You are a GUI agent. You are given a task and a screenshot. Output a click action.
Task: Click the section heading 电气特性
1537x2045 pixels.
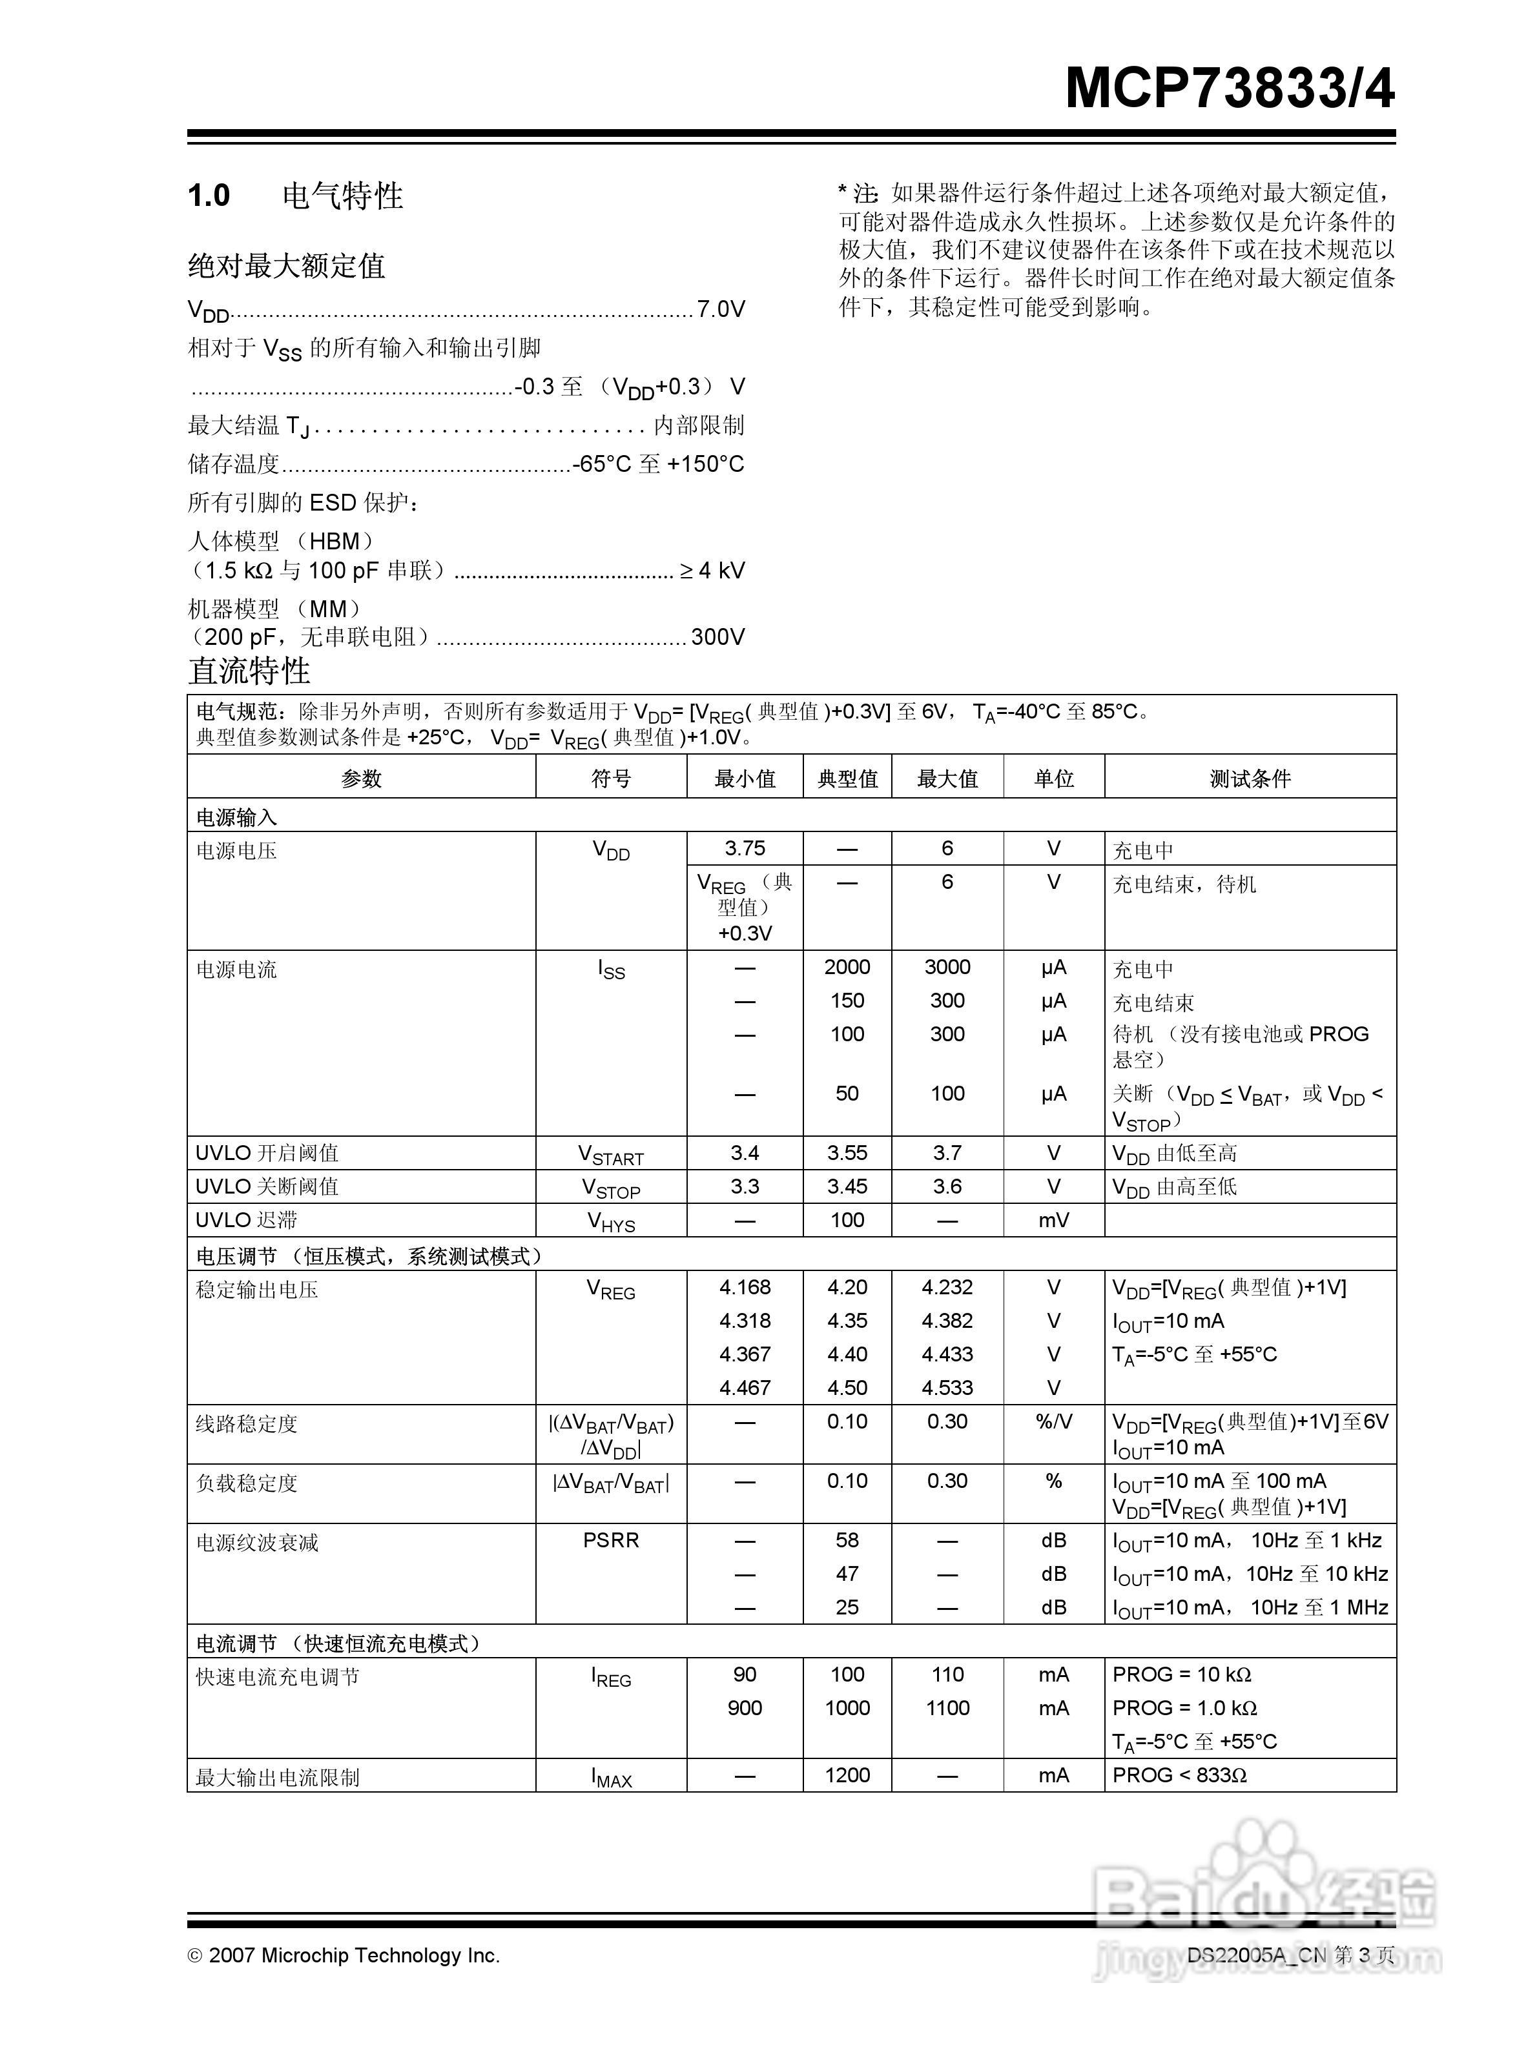[342, 196]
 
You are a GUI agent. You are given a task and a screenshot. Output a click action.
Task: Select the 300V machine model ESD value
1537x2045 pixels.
[717, 637]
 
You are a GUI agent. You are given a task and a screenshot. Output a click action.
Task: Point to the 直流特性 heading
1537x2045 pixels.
[250, 671]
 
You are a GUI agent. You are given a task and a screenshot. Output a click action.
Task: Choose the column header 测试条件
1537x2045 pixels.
[1250, 778]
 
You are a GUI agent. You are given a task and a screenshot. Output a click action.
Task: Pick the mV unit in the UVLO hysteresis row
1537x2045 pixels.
[1053, 1220]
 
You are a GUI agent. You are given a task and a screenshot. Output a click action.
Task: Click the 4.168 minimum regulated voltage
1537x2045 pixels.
[745, 1287]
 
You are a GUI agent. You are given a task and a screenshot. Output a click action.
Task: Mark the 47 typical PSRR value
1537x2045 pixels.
[847, 1574]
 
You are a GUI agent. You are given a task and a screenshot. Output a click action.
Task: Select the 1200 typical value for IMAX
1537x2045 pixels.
[847, 1775]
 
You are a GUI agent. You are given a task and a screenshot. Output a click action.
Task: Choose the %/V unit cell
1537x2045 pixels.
[1053, 1422]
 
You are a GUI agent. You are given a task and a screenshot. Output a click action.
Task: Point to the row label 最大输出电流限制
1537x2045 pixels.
[278, 1777]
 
